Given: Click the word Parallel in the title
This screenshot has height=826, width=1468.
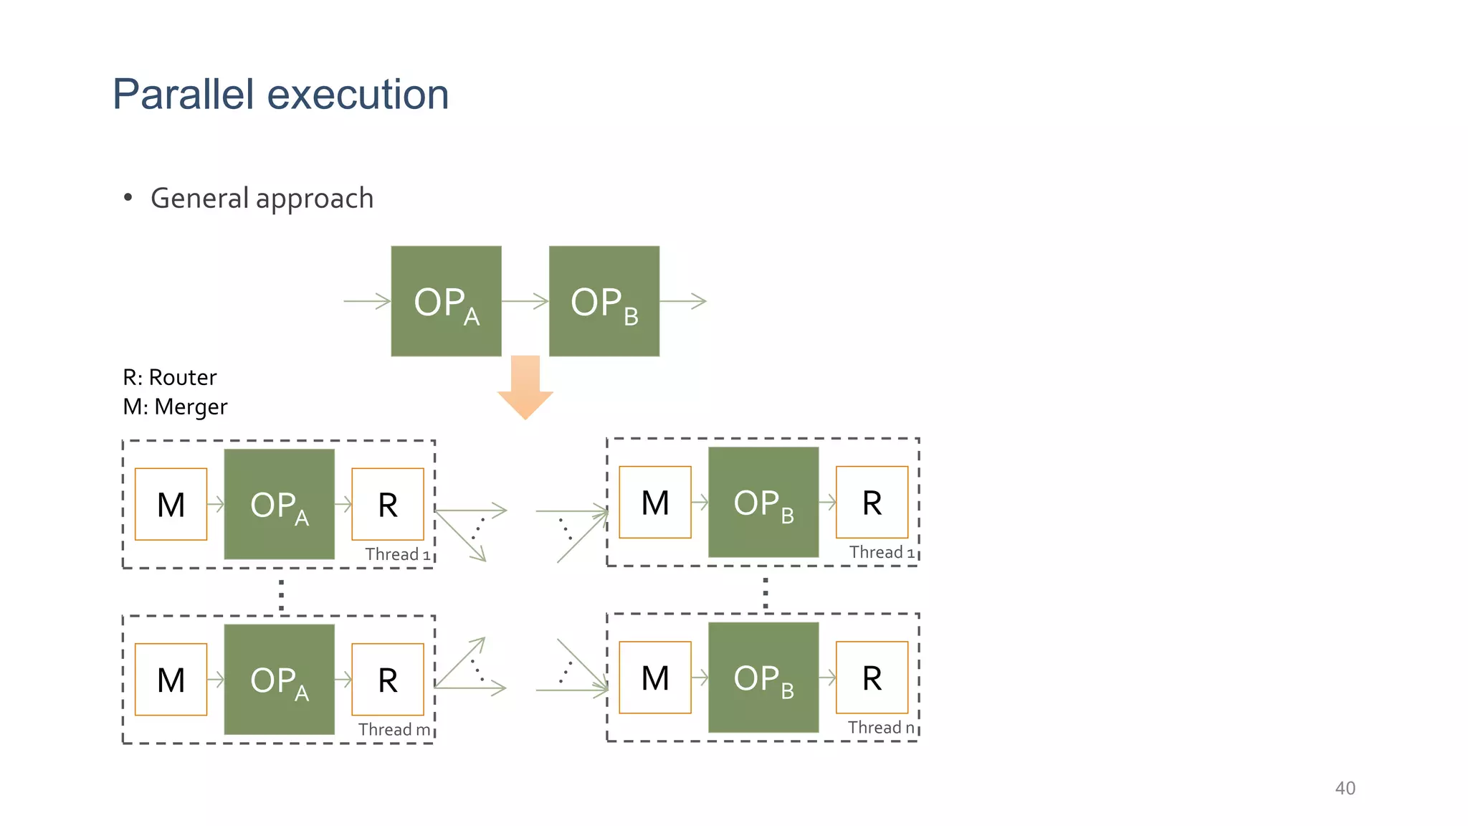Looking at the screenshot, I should [x=183, y=95].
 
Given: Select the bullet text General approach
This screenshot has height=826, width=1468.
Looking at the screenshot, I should [x=262, y=199].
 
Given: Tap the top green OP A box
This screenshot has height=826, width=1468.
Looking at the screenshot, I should [x=446, y=301].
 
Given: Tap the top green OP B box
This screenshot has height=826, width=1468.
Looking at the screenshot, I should [x=604, y=301].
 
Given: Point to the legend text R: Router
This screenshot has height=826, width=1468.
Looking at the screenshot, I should [x=170, y=377].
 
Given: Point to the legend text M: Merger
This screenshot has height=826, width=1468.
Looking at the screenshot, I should [x=175, y=407].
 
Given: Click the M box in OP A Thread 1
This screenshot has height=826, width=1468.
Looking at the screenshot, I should [x=171, y=504].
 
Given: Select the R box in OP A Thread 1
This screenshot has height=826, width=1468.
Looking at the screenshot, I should [x=388, y=504].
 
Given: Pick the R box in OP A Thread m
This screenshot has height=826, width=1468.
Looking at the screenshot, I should [x=388, y=679].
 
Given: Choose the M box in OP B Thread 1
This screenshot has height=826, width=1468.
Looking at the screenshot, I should [x=654, y=502].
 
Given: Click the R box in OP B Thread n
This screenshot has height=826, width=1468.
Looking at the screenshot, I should [x=872, y=677].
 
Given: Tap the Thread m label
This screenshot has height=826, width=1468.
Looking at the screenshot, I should [x=394, y=729].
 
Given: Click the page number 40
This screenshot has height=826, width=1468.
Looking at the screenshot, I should [x=1345, y=788].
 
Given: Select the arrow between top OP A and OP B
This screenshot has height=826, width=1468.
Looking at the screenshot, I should [x=525, y=301].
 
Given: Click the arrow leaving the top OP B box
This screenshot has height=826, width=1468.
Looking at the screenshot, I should [x=683, y=301].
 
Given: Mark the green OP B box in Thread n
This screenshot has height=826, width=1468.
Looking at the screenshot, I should [x=763, y=677].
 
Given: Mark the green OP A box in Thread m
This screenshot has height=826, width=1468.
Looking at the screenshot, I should [x=279, y=679].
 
